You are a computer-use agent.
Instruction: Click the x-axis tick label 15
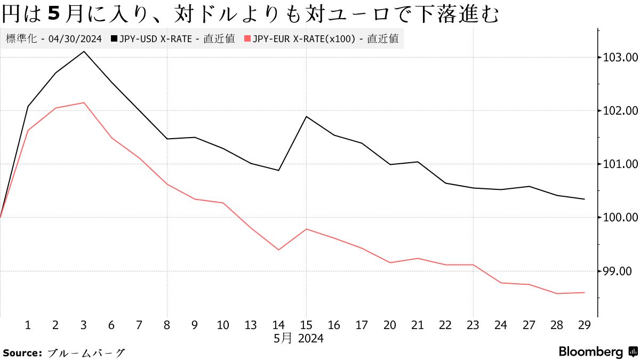pos(306,325)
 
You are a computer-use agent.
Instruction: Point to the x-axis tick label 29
pos(585,325)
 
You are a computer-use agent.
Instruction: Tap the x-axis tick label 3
pos(84,325)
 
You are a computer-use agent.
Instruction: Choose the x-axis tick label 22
pos(445,325)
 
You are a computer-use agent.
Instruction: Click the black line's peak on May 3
pos(84,51)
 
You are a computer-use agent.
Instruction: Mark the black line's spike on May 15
pos(306,116)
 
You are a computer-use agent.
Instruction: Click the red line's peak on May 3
pos(84,102)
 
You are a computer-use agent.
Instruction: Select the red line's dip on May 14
pos(278,250)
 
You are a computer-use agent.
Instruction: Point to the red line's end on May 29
pos(585,292)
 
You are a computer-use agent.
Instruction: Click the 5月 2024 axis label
pos(299,338)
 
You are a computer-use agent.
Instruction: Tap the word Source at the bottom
pos(22,353)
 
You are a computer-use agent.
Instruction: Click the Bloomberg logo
pos(597,352)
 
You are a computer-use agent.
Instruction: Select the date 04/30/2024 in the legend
pos(76,39)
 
